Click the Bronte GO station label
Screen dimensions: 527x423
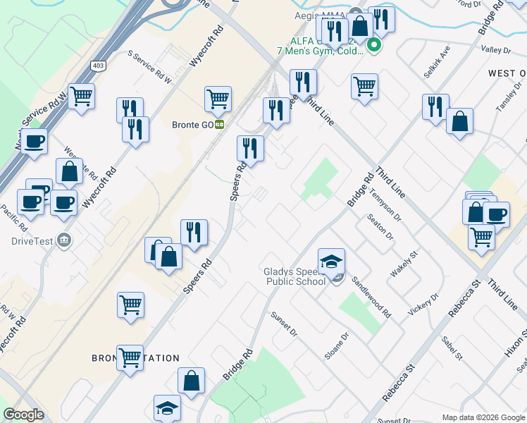[192, 125]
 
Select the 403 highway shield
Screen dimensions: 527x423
[97, 66]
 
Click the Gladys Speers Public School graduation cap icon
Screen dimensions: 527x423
[331, 262]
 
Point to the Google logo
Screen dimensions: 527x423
[23, 415]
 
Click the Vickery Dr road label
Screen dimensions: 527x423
[424, 304]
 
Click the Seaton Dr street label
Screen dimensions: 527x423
[380, 228]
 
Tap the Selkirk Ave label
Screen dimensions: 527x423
[437, 63]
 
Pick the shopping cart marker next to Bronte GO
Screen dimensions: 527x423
[218, 99]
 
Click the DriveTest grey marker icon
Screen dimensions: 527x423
[65, 240]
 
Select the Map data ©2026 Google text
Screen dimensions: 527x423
[483, 417]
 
